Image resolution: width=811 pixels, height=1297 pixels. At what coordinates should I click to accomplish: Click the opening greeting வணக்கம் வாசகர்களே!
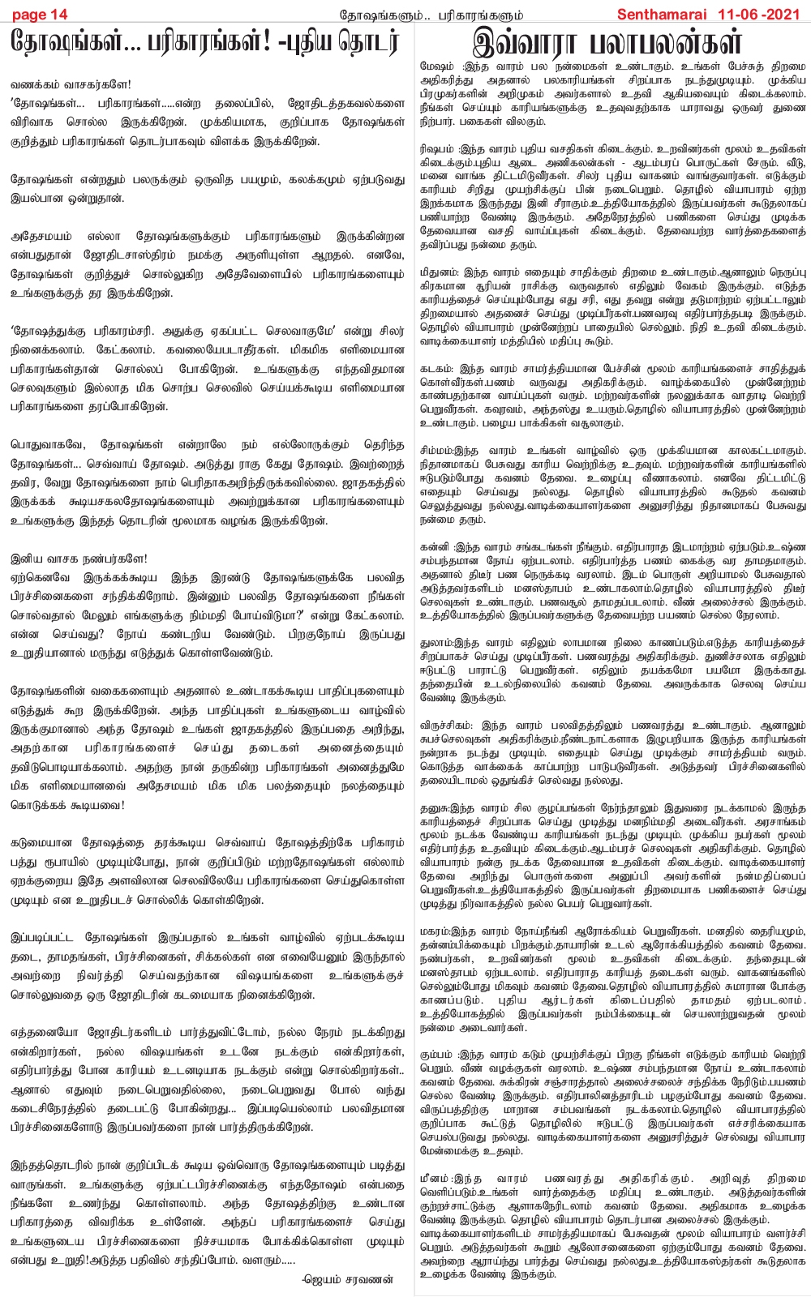[71, 85]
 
